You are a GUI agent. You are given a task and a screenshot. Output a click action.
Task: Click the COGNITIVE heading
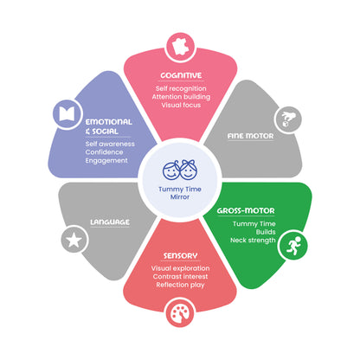pos(181,75)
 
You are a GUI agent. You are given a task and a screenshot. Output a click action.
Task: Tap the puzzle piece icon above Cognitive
pos(181,47)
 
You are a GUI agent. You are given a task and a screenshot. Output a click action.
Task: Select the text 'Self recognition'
pos(181,88)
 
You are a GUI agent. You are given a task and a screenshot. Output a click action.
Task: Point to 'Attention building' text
pos(181,97)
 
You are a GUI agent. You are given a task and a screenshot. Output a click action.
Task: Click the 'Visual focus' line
pos(181,105)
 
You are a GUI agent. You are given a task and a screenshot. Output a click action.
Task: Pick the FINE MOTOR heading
pos(250,136)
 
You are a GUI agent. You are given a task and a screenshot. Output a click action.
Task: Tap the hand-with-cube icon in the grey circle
pos(288,119)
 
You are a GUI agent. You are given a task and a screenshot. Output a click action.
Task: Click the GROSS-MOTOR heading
pos(246,211)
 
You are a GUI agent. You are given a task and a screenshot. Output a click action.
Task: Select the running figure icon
pos(293,246)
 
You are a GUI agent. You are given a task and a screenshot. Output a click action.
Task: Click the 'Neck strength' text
pos(253,241)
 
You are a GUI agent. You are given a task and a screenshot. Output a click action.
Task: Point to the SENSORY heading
pos(180,256)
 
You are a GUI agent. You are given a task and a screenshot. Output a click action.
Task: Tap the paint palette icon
pos(180,313)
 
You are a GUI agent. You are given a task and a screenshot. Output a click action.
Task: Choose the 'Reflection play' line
pos(180,285)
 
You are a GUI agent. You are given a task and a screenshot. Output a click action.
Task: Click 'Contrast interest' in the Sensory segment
pos(180,277)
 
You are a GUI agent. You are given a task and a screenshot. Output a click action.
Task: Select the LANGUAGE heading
pos(110,222)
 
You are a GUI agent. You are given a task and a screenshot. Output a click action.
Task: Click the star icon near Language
pos(74,240)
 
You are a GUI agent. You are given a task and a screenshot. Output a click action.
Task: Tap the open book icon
pos(67,113)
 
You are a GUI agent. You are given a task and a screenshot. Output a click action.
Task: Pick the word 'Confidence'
pos(104,152)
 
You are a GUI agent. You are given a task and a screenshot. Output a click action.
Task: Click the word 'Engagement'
pos(106,161)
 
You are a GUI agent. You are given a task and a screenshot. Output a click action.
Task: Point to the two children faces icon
pos(180,170)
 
